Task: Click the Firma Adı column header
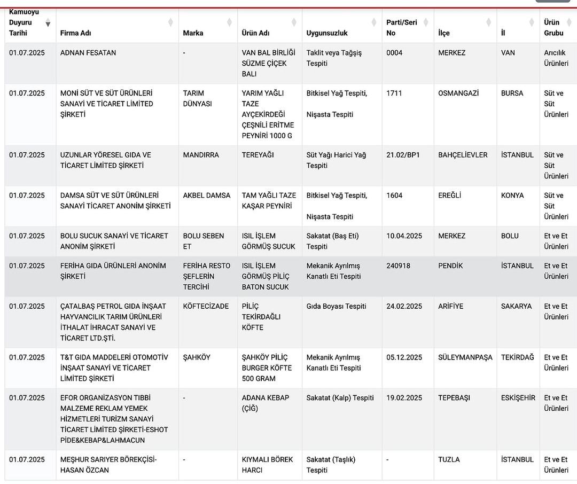click(x=75, y=33)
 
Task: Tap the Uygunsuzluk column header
click(x=327, y=33)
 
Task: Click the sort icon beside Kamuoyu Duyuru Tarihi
click(x=48, y=23)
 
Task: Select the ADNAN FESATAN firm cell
click(x=88, y=53)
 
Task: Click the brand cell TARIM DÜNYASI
click(x=197, y=98)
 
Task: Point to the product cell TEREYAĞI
click(x=258, y=155)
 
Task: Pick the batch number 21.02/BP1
click(x=403, y=155)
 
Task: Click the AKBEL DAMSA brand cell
click(x=207, y=196)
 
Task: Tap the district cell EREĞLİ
click(x=449, y=196)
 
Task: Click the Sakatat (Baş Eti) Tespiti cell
click(x=332, y=241)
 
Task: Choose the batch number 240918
click(x=398, y=266)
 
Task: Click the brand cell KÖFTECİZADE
click(x=206, y=307)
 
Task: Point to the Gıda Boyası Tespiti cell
click(x=336, y=307)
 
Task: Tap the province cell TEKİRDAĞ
click(x=517, y=357)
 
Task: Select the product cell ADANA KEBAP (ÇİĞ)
click(x=265, y=403)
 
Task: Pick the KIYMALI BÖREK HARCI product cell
click(x=267, y=465)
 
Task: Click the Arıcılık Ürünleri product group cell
click(x=556, y=58)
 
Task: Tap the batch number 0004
click(x=394, y=53)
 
